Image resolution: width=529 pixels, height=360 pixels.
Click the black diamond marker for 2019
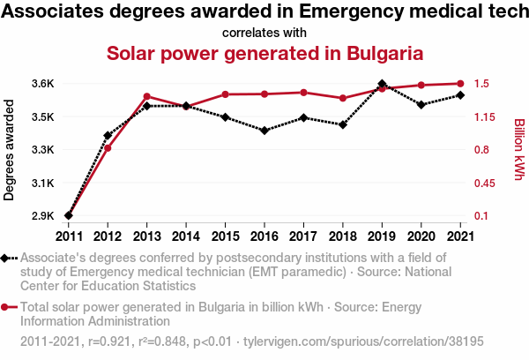tap(382, 85)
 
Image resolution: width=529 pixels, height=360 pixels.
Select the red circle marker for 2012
tap(108, 148)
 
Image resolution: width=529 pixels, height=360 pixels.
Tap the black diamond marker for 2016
tap(264, 131)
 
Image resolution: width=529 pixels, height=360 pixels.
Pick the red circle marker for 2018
tap(343, 98)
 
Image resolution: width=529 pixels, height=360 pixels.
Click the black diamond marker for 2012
tap(108, 136)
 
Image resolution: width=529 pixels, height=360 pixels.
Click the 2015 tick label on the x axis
tap(225, 236)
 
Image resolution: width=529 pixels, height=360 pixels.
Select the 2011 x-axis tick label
tap(69, 236)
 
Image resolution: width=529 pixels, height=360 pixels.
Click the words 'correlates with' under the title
tap(264, 33)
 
